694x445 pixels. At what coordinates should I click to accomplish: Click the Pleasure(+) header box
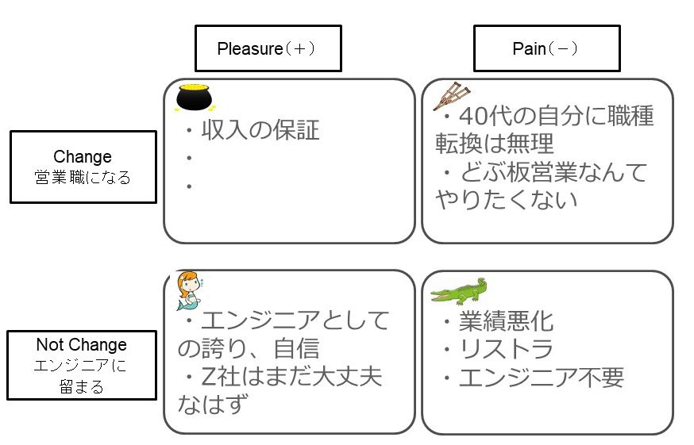(268, 48)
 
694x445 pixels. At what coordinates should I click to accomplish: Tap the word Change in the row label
(83, 156)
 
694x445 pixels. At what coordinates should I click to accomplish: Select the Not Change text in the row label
(81, 345)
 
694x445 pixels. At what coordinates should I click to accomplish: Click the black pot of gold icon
(193, 96)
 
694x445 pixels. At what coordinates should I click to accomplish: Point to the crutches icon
(447, 97)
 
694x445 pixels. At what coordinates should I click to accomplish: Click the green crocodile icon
(459, 291)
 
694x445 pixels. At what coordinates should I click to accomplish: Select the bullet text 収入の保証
(260, 129)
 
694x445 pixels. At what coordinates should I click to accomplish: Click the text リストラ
(507, 348)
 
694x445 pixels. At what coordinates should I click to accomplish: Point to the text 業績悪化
(507, 321)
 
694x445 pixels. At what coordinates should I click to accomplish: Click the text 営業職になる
(83, 176)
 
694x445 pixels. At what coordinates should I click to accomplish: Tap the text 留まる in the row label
(81, 387)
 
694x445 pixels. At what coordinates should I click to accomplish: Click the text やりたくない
(506, 199)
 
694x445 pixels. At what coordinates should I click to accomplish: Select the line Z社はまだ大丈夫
(291, 375)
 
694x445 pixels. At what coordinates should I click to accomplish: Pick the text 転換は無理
(494, 144)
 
